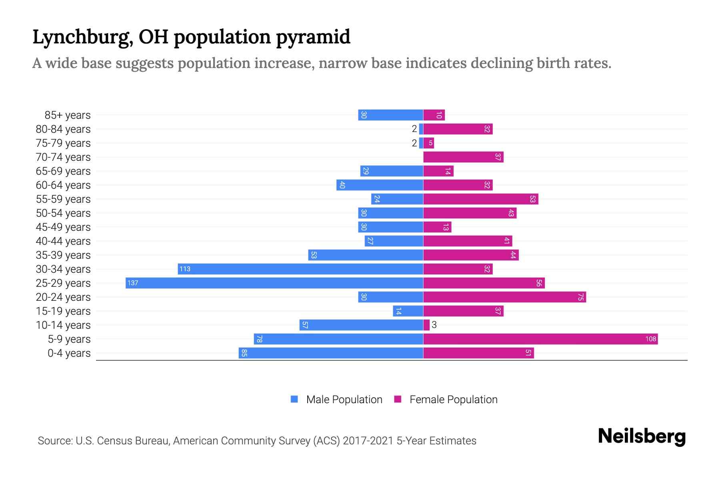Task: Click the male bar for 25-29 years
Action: point(274,283)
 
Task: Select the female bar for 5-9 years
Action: point(540,339)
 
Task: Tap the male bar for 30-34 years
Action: point(300,269)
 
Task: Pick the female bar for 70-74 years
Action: point(463,157)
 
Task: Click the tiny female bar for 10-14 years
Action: point(426,325)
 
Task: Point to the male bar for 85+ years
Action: point(390,115)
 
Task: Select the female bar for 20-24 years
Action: point(504,297)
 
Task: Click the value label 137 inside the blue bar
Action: point(132,283)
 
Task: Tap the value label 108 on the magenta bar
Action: point(650,339)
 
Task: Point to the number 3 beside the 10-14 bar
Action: point(434,325)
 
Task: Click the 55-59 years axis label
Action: point(63,199)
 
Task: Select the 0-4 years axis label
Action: point(69,353)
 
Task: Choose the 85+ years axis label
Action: point(68,115)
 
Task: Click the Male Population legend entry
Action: point(344,400)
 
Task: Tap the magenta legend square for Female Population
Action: point(398,399)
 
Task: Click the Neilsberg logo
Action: point(642,436)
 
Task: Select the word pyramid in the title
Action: point(313,37)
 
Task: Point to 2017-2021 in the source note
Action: point(368,441)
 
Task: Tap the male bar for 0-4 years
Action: point(331,353)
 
